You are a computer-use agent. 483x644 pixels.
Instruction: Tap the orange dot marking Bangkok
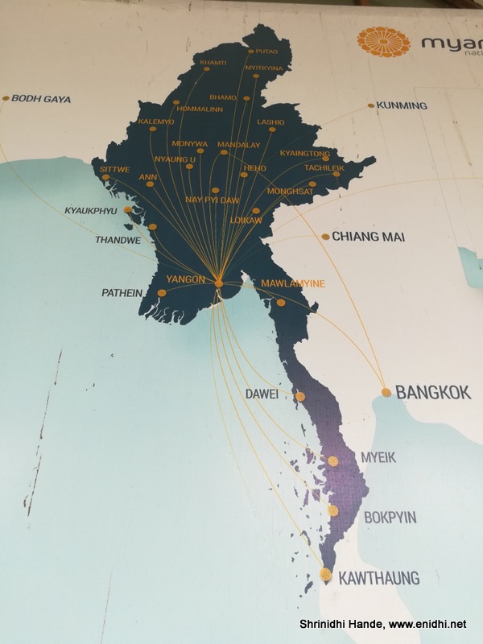pos(386,393)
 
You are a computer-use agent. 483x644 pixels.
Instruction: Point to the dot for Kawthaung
pos(325,574)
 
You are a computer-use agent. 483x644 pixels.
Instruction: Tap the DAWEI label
pos(262,394)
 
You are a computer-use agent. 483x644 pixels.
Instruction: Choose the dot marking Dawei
pos(300,396)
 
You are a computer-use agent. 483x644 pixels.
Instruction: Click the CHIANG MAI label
pos(362,237)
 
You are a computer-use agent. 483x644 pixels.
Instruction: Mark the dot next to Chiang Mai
pos(325,237)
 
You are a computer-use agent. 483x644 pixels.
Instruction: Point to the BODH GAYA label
pos(41,99)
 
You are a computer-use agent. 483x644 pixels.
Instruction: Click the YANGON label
pos(186,279)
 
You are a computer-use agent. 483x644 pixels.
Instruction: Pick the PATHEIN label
pos(122,293)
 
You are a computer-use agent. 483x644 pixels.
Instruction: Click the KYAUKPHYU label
pos(90,211)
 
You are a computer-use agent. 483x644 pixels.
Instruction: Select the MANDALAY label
pos(240,144)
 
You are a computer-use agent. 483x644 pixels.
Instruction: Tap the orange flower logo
pos(383,43)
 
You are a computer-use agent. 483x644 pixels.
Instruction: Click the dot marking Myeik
pos(333,461)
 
